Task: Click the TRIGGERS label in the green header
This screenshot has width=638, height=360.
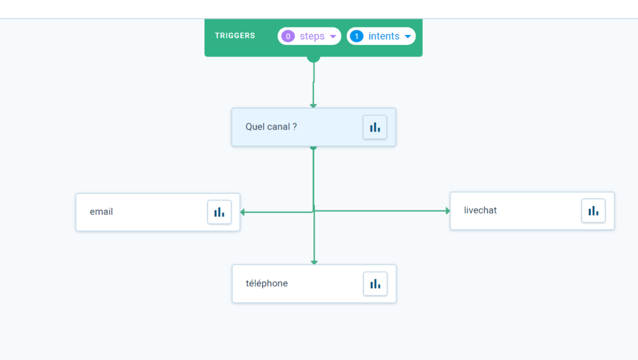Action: pos(235,36)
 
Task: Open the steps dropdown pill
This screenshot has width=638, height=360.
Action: pos(309,36)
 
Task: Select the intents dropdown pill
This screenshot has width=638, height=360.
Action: pos(381,36)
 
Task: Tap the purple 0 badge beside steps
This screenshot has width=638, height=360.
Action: pos(288,36)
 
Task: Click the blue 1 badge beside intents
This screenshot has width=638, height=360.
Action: pos(357,36)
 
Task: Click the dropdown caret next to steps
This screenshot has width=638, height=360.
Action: pos(333,36)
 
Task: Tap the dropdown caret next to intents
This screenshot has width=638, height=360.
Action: pos(407,36)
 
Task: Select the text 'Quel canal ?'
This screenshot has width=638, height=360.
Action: pos(271,126)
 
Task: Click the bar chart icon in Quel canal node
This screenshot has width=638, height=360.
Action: pos(374,127)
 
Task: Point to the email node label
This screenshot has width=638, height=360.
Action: pos(102,212)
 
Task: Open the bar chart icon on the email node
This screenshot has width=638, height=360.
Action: pos(219,212)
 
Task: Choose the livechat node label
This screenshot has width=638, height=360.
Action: pos(480,211)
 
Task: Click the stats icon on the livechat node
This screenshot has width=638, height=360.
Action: pos(593,211)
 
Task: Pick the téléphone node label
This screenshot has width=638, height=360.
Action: pos(267,283)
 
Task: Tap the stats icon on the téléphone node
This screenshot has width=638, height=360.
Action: pos(375,284)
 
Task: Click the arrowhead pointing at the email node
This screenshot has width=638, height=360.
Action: pos(242,212)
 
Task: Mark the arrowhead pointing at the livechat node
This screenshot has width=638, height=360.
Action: pos(447,211)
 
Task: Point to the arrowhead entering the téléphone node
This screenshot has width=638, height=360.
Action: pos(314,262)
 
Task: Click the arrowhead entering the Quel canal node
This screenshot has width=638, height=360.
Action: pos(313,106)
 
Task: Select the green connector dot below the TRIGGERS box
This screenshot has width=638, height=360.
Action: pos(313,59)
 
